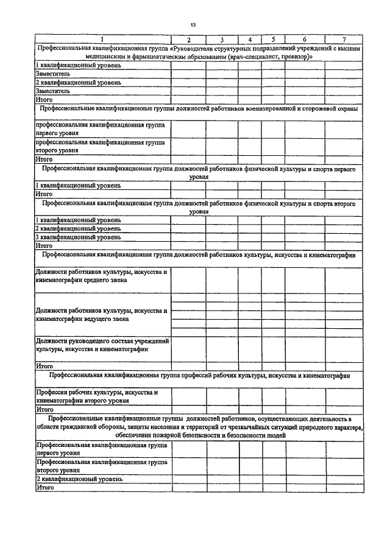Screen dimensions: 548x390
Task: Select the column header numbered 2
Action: tap(188, 40)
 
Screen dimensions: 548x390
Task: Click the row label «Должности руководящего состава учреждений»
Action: tap(102, 341)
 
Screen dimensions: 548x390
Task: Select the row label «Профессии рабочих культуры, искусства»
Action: tap(97, 393)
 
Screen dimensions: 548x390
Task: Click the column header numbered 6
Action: tap(304, 40)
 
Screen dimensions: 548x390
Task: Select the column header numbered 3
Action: tap(222, 40)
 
